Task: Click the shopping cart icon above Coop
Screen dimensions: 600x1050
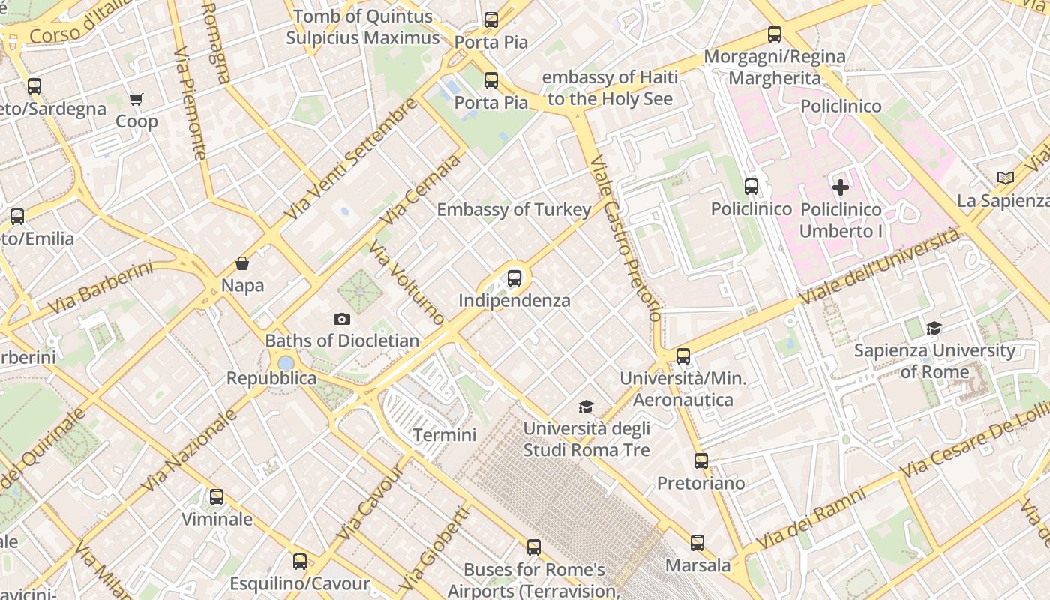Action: (136, 99)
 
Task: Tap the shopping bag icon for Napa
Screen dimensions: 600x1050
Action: (242, 263)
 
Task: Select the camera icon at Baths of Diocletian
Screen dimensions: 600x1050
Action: (342, 319)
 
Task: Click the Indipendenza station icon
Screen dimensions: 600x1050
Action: (514, 278)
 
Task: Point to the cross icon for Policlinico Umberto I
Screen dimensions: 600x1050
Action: (841, 187)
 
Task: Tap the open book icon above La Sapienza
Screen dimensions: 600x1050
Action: (1006, 178)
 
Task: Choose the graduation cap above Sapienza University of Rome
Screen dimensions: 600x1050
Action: (934, 328)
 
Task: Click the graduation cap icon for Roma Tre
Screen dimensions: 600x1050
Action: (586, 407)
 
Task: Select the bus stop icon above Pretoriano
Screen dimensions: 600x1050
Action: (701, 461)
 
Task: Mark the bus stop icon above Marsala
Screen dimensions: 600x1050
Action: (697, 543)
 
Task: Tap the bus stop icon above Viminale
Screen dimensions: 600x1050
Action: (217, 496)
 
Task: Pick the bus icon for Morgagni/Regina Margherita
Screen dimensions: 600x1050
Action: (775, 34)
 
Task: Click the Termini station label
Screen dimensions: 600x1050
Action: (445, 435)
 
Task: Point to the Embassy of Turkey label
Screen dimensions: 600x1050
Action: (514, 210)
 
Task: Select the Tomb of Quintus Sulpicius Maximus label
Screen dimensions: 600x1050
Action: (363, 27)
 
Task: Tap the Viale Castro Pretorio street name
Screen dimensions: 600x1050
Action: (625, 238)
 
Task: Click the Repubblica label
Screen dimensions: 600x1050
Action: (271, 378)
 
